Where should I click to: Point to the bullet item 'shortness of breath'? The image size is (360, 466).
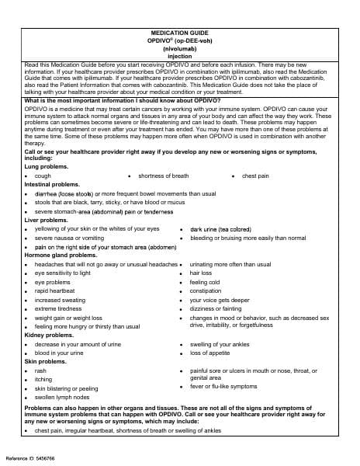(x=163, y=176)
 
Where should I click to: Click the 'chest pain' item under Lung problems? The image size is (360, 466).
(x=255, y=176)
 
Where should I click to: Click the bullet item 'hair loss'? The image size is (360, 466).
(x=201, y=273)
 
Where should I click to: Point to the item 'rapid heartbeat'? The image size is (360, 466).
(x=56, y=291)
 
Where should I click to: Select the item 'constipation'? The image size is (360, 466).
(x=206, y=291)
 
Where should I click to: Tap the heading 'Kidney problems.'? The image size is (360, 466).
(x=49, y=336)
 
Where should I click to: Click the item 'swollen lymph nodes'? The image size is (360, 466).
(x=62, y=397)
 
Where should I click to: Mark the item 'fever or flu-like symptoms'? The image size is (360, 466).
(x=223, y=386)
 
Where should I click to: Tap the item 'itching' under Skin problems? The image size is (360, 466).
(x=43, y=380)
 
